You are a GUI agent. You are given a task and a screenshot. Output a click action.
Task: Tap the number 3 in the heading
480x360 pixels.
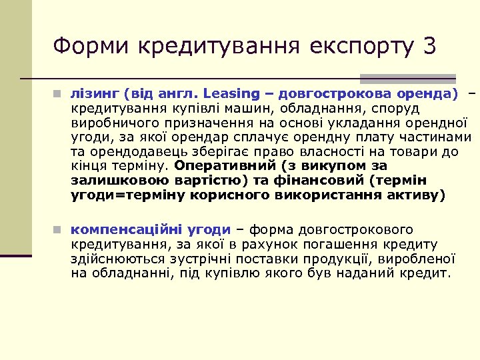[429, 46]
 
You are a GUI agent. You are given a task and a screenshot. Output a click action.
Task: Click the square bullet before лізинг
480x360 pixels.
[59, 93]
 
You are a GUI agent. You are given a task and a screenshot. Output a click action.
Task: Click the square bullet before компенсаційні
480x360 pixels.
[59, 230]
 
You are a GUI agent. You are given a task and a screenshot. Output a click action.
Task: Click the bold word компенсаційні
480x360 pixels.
[125, 229]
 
